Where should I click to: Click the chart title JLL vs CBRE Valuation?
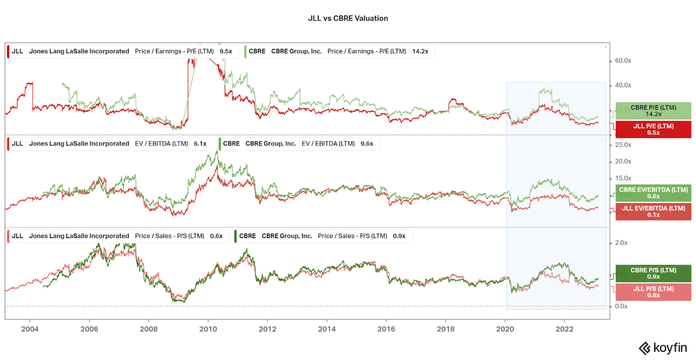click(347, 18)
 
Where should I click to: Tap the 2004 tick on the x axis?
click(29, 329)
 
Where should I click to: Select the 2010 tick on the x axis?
click(208, 329)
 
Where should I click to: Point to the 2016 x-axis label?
click(386, 329)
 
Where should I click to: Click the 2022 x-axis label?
click(564, 329)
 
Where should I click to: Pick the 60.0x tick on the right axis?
click(623, 61)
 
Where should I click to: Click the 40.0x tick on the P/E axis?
click(623, 85)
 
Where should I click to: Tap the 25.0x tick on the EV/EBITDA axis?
click(623, 145)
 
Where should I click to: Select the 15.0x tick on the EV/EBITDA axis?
click(623, 178)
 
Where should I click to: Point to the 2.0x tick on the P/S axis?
click(621, 243)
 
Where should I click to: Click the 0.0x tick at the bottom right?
click(621, 306)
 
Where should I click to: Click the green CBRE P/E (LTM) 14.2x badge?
click(653, 111)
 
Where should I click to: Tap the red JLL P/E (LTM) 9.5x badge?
click(653, 129)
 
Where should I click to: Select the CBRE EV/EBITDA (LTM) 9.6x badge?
click(653, 193)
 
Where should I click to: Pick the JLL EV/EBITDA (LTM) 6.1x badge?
click(653, 211)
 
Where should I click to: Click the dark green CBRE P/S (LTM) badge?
click(653, 274)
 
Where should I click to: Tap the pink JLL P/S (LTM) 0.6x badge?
click(653, 291)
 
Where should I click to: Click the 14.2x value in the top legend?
click(420, 51)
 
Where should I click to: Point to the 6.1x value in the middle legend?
click(200, 144)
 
